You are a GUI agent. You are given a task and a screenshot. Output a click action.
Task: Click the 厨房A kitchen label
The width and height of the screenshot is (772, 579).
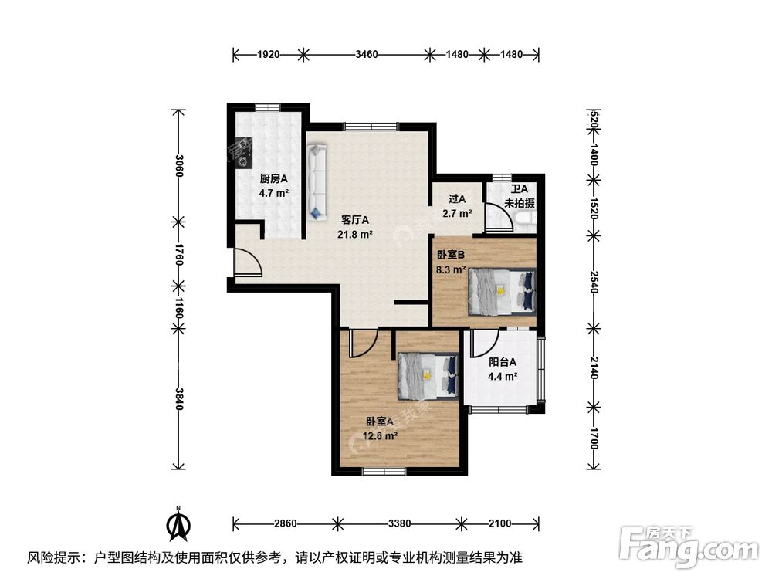click(x=273, y=179)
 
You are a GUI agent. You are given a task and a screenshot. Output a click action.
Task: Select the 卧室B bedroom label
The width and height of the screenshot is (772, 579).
click(x=451, y=255)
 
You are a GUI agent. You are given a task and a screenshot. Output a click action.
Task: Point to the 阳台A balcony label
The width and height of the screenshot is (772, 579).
click(x=503, y=362)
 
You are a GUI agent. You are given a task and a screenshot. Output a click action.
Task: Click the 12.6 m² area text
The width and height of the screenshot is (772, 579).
click(x=380, y=435)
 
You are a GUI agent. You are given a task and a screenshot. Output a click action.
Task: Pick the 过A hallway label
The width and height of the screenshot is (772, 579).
click(x=457, y=199)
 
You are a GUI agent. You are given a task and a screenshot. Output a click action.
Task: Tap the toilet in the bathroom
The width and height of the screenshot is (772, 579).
click(x=524, y=221)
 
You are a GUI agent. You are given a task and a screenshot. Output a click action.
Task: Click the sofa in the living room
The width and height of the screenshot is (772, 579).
click(x=316, y=181)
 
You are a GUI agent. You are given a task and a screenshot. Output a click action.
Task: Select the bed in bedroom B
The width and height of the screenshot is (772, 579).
click(x=501, y=292)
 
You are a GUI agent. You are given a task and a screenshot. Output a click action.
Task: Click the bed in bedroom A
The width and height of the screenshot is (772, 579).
click(x=428, y=377)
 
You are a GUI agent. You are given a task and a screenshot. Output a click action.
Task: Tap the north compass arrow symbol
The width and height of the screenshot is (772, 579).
click(x=179, y=524)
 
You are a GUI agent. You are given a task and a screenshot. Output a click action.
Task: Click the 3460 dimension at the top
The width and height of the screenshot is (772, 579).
click(x=366, y=54)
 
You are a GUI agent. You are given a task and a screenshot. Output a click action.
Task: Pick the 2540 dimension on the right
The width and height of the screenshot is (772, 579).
click(x=594, y=282)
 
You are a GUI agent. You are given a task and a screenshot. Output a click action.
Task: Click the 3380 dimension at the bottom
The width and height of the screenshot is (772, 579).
click(x=399, y=523)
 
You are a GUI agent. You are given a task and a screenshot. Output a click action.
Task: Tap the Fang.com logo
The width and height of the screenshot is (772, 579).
click(x=689, y=547)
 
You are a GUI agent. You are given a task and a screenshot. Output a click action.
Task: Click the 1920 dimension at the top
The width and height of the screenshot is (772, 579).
click(x=269, y=54)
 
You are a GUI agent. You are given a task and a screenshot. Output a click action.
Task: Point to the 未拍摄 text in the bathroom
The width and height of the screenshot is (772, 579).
click(x=520, y=203)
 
